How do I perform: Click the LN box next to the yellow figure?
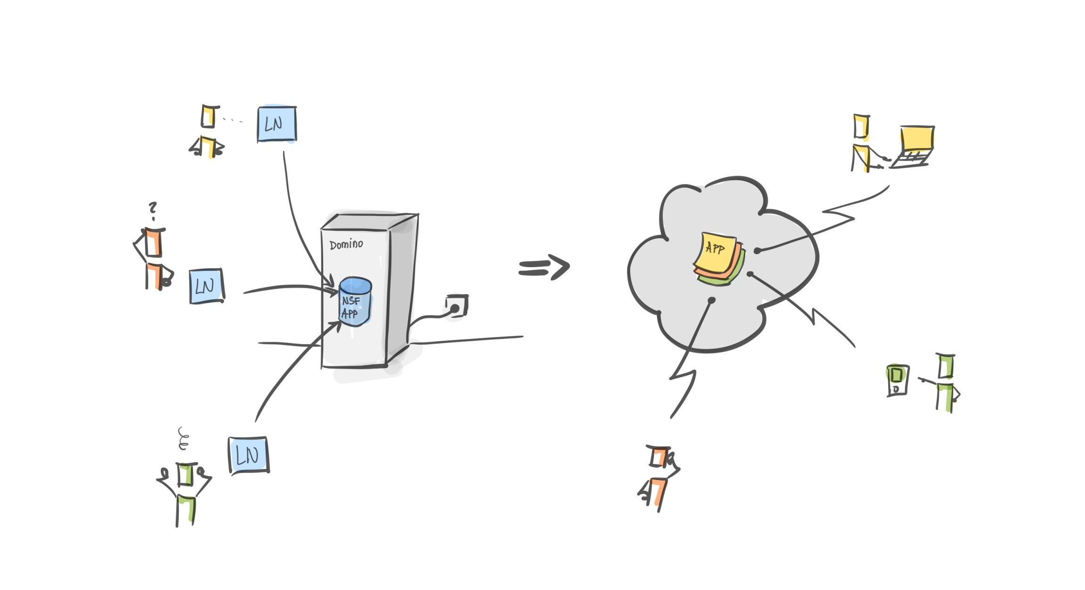coord(277,124)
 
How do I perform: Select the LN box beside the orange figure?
coord(207,286)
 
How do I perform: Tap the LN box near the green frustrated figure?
coord(249,455)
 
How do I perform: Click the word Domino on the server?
coord(346,244)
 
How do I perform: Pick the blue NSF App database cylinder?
coord(355,302)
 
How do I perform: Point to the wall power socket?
coord(457,306)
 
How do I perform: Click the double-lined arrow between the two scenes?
coord(544,268)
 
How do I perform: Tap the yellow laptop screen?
coord(917,139)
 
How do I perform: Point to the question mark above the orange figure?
coord(152,210)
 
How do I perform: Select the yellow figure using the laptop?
coord(862,144)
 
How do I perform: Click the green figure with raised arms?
coord(185,493)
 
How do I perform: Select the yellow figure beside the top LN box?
coord(208,131)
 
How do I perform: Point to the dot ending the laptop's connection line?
coord(757,251)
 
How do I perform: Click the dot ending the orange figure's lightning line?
coord(712,300)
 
